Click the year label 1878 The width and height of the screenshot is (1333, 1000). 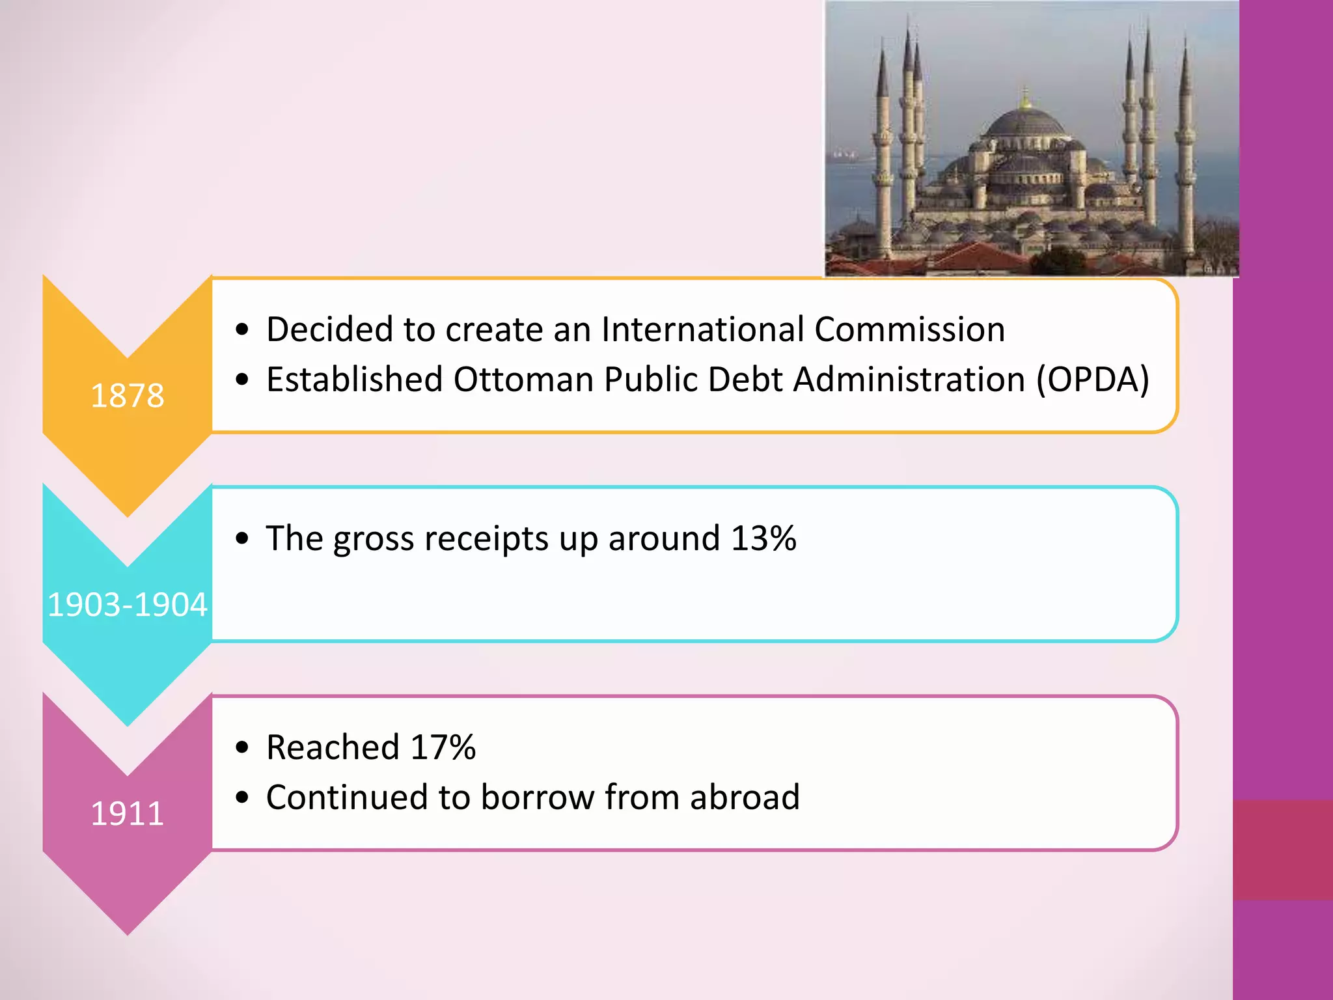point(127,395)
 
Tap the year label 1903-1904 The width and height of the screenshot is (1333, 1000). point(128,604)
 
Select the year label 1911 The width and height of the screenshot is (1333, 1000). point(127,813)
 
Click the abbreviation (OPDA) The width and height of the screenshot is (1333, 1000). point(1093,379)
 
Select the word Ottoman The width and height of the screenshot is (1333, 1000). point(523,379)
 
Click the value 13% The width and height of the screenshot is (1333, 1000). point(763,538)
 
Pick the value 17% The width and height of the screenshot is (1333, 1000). point(443,747)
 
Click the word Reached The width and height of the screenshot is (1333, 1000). point(333,747)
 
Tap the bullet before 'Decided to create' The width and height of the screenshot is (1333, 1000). point(243,329)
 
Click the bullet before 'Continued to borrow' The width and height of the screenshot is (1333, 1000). point(243,798)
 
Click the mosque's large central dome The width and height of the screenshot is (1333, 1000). point(1024,124)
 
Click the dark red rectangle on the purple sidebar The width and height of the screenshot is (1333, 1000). point(1282,850)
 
